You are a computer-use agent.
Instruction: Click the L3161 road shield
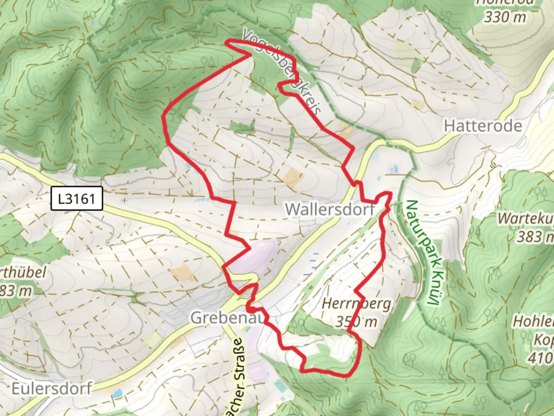point(77,199)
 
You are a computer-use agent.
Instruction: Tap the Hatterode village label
point(483,126)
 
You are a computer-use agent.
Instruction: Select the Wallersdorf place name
point(330,209)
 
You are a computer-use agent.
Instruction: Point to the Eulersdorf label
point(52,388)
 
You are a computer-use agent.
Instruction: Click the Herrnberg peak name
point(356,304)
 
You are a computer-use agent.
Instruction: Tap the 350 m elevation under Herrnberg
point(356,321)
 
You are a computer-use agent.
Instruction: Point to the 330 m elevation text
point(505,17)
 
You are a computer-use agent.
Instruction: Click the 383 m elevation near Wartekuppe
point(535,236)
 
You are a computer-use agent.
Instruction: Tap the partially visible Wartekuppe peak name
point(526,218)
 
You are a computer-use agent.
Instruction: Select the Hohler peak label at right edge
point(533,321)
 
